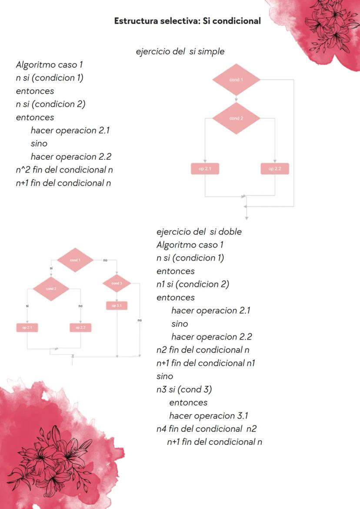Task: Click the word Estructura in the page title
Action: (136, 21)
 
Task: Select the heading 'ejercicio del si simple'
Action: (180, 51)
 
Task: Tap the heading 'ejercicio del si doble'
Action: (199, 232)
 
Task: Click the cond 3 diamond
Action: (117, 283)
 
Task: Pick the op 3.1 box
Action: (117, 306)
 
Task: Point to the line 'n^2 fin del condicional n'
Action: (64, 170)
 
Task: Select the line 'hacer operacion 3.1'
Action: (208, 416)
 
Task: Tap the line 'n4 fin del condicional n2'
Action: (206, 429)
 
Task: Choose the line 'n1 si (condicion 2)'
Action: (193, 284)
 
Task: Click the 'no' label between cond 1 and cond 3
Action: (105, 260)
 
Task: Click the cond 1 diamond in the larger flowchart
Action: (236, 80)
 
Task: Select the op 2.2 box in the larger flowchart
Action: (275, 169)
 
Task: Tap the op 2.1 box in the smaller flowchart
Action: (27, 327)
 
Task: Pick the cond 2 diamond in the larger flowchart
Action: (236, 118)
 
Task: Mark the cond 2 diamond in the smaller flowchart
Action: (51, 289)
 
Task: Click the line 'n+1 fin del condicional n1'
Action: (205, 363)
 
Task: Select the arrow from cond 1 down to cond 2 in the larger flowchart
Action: (236, 99)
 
